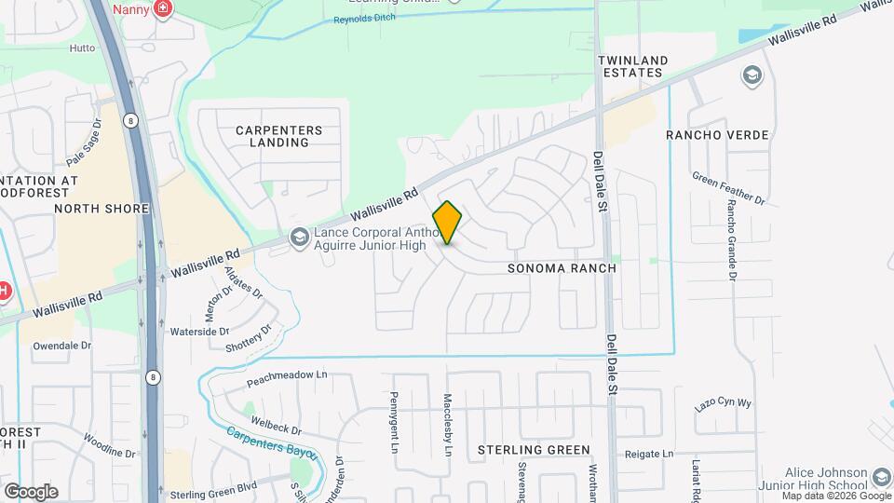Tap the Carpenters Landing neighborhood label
(x=278, y=137)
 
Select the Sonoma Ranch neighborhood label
(x=562, y=268)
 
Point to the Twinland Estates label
(x=634, y=66)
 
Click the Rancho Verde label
(x=717, y=135)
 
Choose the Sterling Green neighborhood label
(x=534, y=450)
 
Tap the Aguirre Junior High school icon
(x=299, y=238)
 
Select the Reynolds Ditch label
(x=367, y=19)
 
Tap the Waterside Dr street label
(x=199, y=331)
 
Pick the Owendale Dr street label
(x=62, y=345)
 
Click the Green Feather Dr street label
(x=728, y=187)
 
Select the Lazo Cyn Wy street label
(x=723, y=402)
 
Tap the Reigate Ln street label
(x=648, y=454)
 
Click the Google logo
(x=31, y=491)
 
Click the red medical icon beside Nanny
(x=165, y=9)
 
